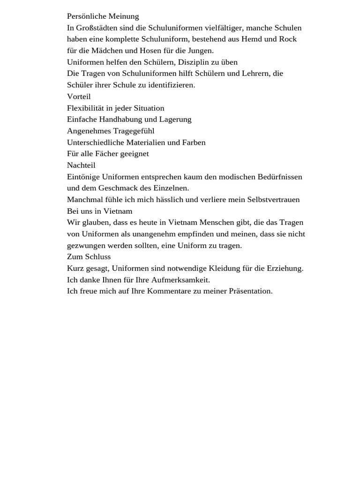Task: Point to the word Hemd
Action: pos(252,39)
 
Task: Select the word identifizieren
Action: pos(167,85)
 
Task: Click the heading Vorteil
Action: pos(79,97)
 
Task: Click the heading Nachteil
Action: pos(81,165)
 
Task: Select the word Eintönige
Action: pos(83,177)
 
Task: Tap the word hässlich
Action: pos(156,200)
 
